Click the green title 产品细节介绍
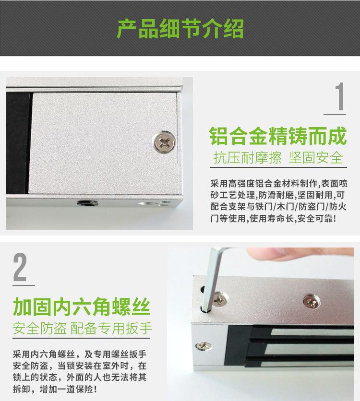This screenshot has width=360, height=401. (x=180, y=28)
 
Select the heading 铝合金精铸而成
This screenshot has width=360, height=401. (x=278, y=136)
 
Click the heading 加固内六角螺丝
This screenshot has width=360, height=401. (x=82, y=305)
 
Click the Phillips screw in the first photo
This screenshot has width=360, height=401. (x=163, y=141)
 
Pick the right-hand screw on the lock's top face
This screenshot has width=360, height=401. (x=309, y=302)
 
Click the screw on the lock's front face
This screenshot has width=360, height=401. (x=201, y=344)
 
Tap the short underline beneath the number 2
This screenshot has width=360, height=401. (x=23, y=285)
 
